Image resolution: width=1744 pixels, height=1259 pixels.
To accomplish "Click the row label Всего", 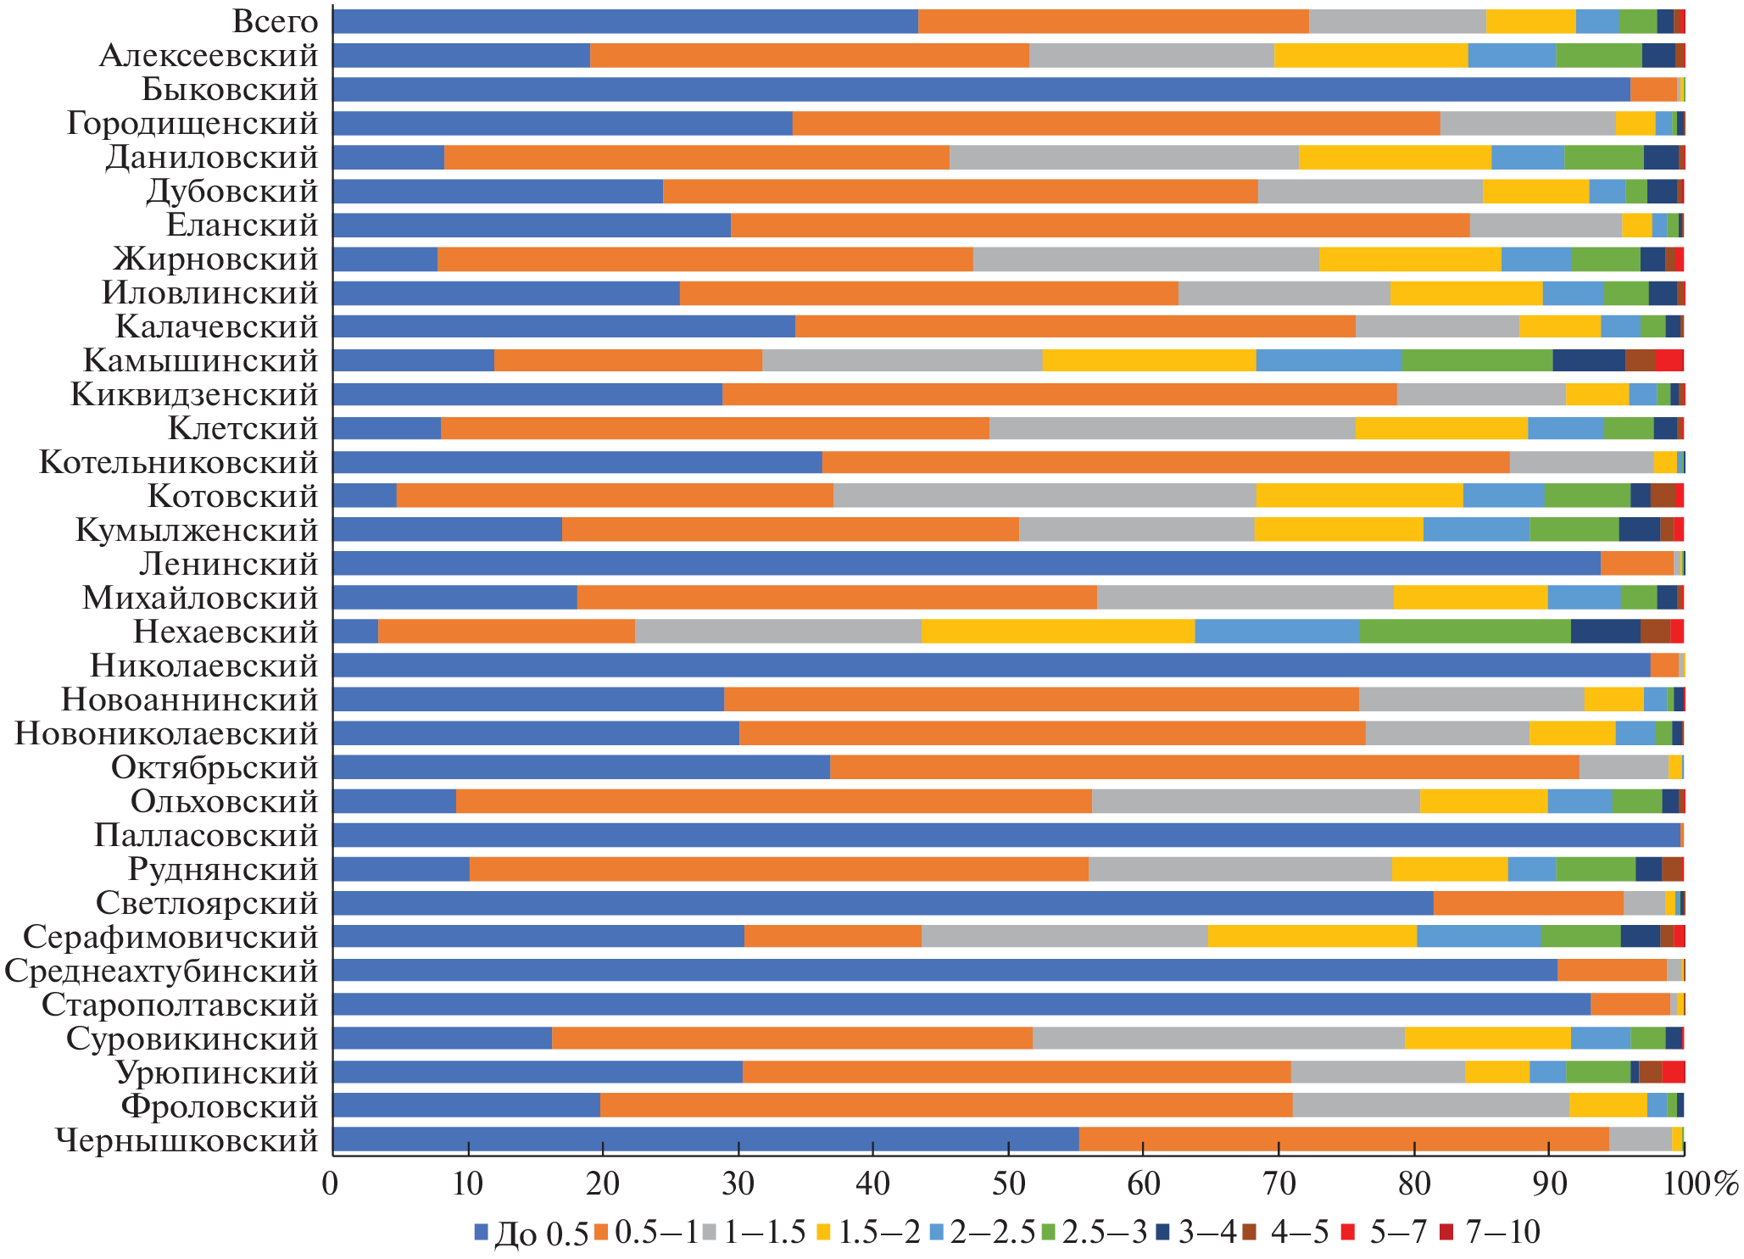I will [276, 22].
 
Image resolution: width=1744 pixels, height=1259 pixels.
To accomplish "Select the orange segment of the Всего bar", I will [1112, 22].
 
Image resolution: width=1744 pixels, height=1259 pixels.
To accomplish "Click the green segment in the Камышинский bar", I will [1476, 360].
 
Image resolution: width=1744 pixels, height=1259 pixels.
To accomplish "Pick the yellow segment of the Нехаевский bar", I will [1057, 632].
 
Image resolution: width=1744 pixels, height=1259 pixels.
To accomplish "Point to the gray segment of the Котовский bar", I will [1044, 496].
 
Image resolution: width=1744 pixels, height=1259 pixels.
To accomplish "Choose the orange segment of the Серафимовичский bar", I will [832, 937].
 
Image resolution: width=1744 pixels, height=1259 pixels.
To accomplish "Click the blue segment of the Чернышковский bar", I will [705, 1140].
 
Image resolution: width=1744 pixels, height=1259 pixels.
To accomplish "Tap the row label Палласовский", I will [206, 836].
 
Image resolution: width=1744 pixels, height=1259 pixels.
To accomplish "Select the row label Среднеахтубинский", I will [162, 972].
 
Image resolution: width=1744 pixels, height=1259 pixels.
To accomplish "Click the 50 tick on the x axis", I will [1008, 1184].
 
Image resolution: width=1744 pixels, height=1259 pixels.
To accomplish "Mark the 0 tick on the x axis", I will [331, 1184].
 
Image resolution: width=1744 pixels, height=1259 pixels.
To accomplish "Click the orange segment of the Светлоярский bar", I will [1528, 903].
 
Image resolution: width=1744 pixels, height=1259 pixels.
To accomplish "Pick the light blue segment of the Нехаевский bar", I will [1276, 632].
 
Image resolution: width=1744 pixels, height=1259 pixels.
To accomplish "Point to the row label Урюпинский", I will [216, 1073].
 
